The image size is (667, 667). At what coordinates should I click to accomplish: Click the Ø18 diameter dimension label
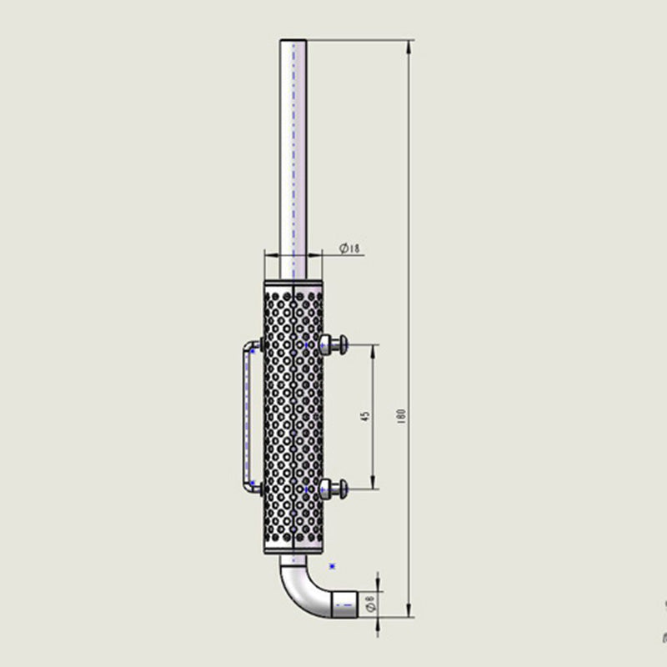pyautogui.click(x=349, y=248)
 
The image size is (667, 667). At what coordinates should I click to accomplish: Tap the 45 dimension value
pyautogui.click(x=365, y=416)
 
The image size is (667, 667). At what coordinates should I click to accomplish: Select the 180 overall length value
pyautogui.click(x=401, y=416)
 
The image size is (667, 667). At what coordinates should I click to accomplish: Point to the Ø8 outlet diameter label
pyautogui.click(x=370, y=603)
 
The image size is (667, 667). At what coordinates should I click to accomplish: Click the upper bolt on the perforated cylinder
pyautogui.click(x=333, y=344)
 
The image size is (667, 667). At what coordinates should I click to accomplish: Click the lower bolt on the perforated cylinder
pyautogui.click(x=333, y=489)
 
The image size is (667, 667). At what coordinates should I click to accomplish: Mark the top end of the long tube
pyautogui.click(x=293, y=41)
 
